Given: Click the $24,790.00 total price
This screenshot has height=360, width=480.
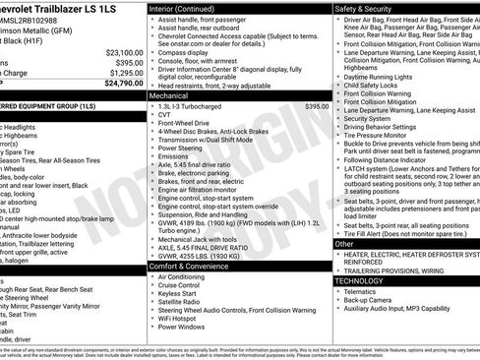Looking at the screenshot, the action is [119, 84].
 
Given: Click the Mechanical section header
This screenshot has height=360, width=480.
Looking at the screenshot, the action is [168, 96].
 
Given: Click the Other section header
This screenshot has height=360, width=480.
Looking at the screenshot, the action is [345, 244].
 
